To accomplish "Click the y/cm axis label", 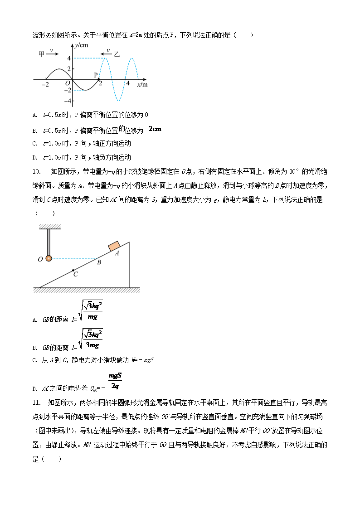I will tap(82, 45).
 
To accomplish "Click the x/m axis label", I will tap(142, 85).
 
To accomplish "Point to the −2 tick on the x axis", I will tap(45, 85).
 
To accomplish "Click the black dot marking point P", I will tap(99, 79).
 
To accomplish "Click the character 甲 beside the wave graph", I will tap(42, 54).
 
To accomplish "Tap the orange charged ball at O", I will tap(49, 258).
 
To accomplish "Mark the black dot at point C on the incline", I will tap(73, 270).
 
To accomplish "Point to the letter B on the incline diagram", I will tap(99, 262).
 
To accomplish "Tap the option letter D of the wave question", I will tap(35, 158).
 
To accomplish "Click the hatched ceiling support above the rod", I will tap(50, 227).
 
